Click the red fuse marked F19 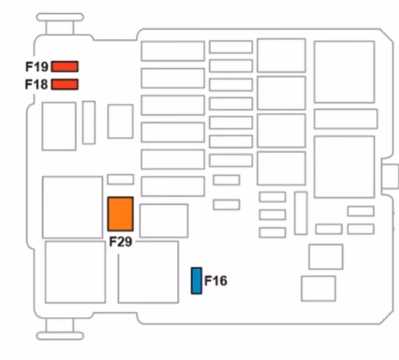coord(65,67)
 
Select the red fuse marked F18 coord(65,84)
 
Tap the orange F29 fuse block coord(121,214)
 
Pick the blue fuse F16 coord(196,281)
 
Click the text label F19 coord(37,67)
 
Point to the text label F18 coord(37,84)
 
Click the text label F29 coord(120,242)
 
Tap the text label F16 coord(216,281)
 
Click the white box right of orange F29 coord(164,220)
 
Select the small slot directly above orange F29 coord(121,179)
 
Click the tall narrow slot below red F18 coord(89,122)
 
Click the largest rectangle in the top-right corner coord(344,72)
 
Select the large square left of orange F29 coord(73,207)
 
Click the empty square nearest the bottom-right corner coord(318,289)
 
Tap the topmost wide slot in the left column coord(173,51)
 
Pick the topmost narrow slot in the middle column coord(230,47)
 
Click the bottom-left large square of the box coord(75,272)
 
